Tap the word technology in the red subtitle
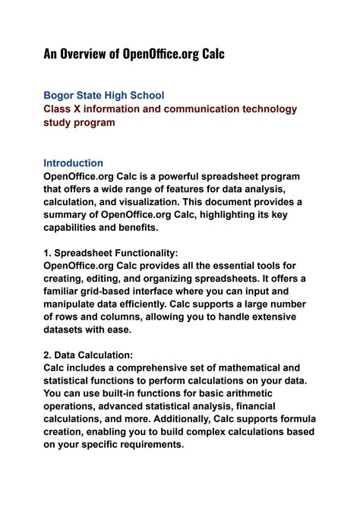[x=259, y=109]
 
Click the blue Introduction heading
[x=73, y=162]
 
